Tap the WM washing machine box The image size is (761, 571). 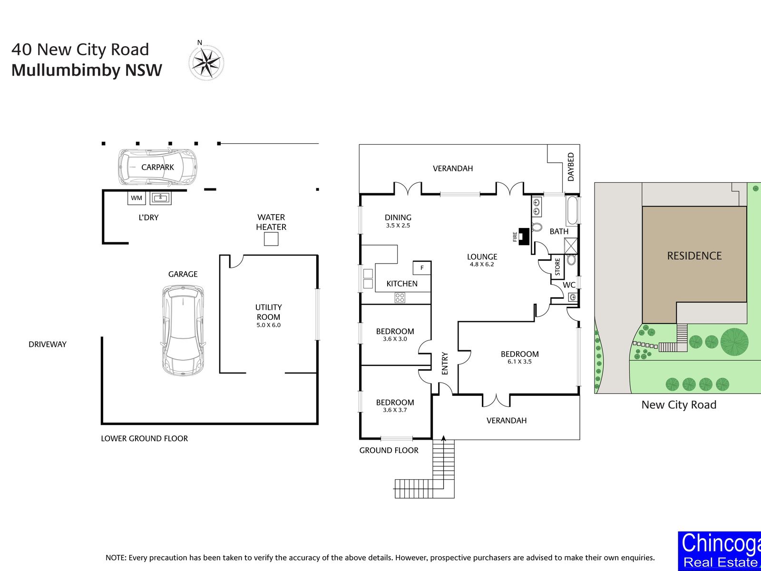[136, 198]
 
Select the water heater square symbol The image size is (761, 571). [271, 239]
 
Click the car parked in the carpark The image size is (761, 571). [157, 167]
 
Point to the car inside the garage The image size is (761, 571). [183, 330]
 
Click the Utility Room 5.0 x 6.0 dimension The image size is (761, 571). [268, 325]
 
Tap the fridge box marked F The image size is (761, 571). [422, 267]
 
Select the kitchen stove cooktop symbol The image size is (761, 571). [400, 297]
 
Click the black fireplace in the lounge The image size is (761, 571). [524, 236]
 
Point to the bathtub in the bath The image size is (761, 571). [572, 210]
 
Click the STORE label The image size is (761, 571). [557, 267]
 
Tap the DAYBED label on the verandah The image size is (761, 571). [571, 167]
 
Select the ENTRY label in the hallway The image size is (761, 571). [445, 364]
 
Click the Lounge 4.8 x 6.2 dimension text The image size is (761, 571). [482, 264]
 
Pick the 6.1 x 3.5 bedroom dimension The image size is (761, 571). [519, 362]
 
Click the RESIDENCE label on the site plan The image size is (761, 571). [694, 256]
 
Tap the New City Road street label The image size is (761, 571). [679, 404]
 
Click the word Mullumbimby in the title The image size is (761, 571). [66, 70]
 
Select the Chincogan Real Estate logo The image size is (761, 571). [720, 551]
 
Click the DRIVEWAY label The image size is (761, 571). [48, 344]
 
